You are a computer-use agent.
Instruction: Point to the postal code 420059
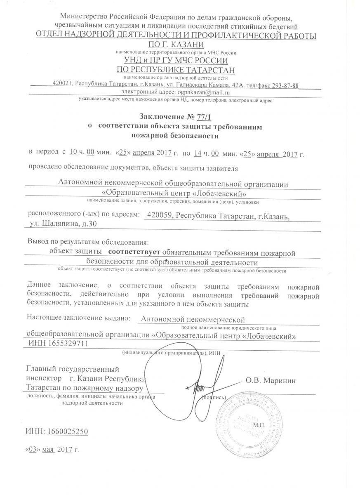[x=160, y=215]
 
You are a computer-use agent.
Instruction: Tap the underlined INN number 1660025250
[x=67, y=431]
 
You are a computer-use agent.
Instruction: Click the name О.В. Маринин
[x=271, y=380]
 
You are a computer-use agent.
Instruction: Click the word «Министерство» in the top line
[x=84, y=17]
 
